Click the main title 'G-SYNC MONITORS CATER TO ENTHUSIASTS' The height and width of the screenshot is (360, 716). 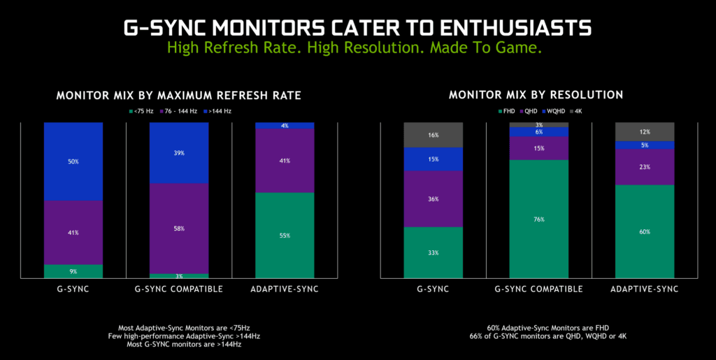[357, 27]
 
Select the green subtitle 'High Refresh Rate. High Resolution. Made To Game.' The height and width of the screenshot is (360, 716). [357, 48]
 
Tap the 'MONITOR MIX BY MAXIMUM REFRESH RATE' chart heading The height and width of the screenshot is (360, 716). [178, 96]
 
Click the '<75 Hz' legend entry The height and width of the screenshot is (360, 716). [143, 110]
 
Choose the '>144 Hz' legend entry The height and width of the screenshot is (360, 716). [217, 110]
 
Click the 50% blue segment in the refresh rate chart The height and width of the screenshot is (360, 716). [73, 161]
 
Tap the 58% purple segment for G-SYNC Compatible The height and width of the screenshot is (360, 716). [179, 229]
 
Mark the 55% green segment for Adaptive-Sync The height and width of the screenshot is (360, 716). [284, 236]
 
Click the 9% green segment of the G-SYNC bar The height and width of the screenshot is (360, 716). [73, 271]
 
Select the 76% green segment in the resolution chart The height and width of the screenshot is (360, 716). [539, 219]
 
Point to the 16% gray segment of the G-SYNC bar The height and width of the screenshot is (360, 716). [434, 135]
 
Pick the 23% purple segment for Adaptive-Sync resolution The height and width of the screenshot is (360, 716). [645, 167]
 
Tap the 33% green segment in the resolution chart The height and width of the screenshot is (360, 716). [434, 252]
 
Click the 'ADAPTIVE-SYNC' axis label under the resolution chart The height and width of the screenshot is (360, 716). [645, 289]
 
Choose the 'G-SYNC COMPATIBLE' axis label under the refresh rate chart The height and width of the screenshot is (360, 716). [179, 289]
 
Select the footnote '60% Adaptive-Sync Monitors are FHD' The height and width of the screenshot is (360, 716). [536, 327]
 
